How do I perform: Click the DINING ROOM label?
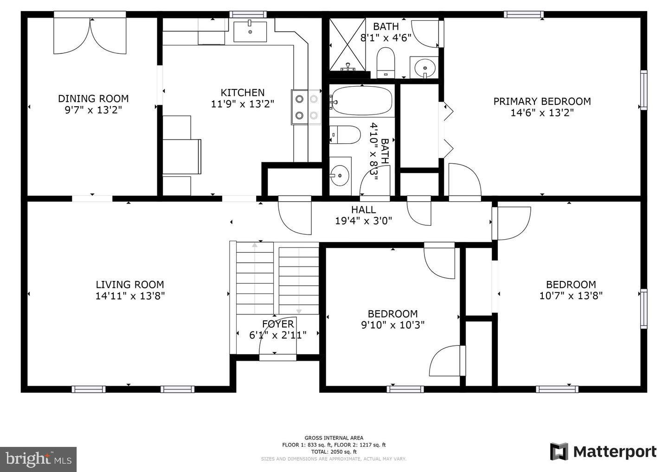point(93,98)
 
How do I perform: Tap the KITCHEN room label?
point(242,93)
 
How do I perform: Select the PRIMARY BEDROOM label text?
point(542,101)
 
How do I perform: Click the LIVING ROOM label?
point(130,285)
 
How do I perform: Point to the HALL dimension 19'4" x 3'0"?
point(364,221)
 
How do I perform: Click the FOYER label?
point(278,324)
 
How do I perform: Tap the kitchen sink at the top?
point(250,31)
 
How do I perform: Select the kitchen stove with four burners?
point(306,107)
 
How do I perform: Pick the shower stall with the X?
point(347,45)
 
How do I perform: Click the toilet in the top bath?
point(385,62)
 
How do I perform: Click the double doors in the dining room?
point(90,35)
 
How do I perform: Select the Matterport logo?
point(603,451)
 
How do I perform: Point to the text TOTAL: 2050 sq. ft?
point(334,452)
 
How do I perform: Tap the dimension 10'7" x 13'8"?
point(571,296)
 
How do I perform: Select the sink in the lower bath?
point(340,175)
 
